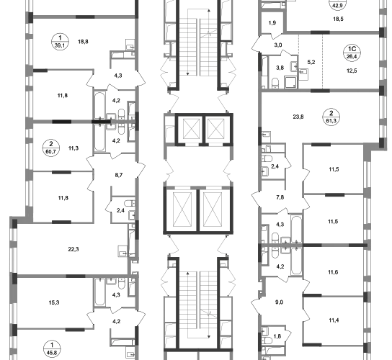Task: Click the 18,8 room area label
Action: point(83,42)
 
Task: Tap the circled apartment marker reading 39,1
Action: point(60,42)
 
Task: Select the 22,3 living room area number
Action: point(73,249)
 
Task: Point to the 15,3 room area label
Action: point(54,302)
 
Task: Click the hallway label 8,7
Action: point(119,175)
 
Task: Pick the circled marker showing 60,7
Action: point(51,148)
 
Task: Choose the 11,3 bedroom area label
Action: point(73,148)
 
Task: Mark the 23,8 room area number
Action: point(298,117)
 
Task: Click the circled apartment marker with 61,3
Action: point(331,117)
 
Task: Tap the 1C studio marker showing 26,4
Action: point(352,53)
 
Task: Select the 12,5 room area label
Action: point(352,71)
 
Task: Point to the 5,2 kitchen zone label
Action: point(311,62)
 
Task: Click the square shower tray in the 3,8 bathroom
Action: point(290,83)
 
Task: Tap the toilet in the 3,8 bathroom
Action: point(275,84)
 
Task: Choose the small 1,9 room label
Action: point(272,23)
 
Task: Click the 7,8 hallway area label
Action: point(280,197)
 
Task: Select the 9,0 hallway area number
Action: point(279,302)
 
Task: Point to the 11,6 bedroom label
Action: point(333,272)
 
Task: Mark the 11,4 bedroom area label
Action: point(334,320)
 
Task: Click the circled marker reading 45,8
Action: point(52,349)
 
